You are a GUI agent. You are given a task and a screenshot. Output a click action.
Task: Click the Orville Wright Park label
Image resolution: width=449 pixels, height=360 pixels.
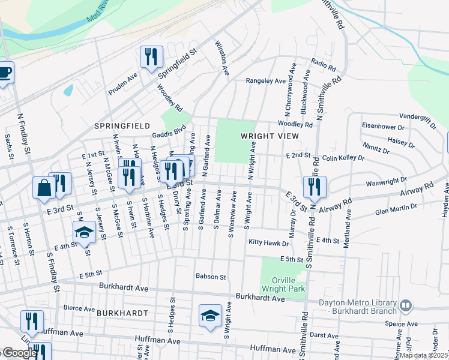pos(282,283)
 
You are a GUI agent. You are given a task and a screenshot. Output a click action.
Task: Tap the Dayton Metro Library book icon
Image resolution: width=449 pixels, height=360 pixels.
pos(406,306)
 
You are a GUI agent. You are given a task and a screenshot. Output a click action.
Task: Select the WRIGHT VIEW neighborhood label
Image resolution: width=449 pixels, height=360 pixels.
pos(270,136)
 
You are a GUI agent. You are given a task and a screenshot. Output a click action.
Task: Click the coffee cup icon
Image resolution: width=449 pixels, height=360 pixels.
pos(5,72)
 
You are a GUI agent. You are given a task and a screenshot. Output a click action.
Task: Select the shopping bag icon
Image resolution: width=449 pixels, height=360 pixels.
pos(44,187)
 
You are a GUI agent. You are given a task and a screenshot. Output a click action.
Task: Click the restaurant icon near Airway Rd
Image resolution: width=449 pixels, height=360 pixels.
pos(315,187)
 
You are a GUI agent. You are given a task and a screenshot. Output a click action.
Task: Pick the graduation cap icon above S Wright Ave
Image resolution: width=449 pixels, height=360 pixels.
pos(210,315)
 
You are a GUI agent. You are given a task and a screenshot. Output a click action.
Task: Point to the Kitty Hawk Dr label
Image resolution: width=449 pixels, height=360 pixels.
pos(268,244)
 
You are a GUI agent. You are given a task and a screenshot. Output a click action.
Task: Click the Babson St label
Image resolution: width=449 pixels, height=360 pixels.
pos(210,277)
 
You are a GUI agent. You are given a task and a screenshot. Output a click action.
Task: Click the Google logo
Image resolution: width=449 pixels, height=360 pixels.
pos(19,353)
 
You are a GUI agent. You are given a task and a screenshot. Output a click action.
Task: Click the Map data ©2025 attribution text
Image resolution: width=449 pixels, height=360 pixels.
pos(423,355)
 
